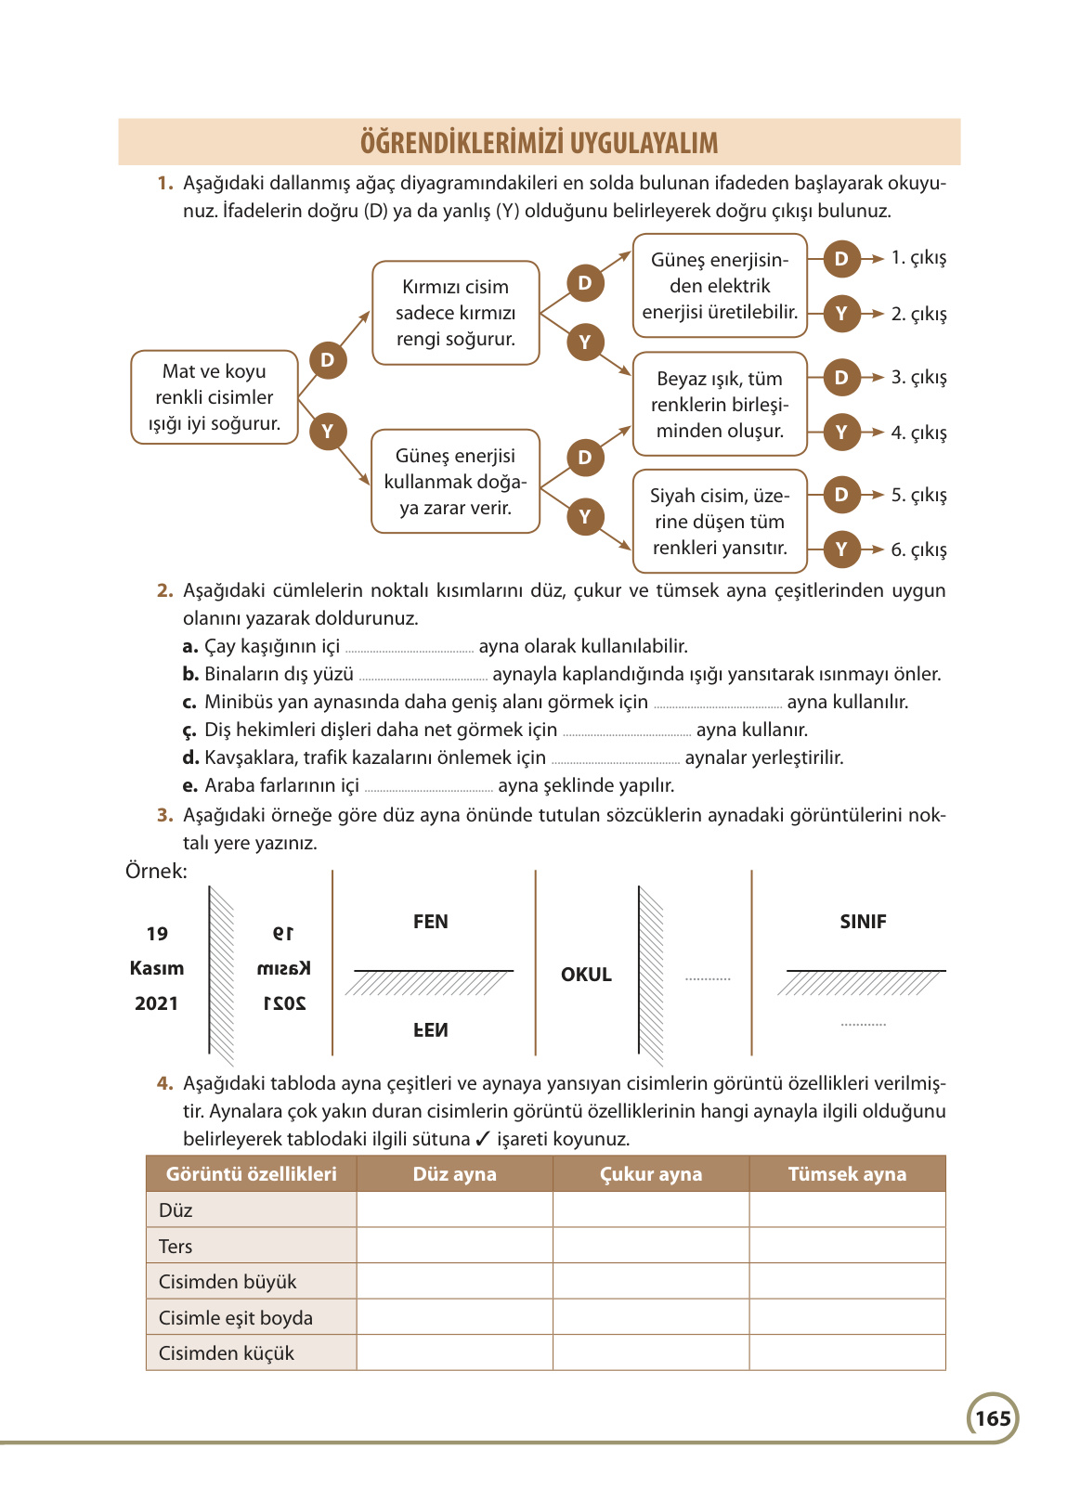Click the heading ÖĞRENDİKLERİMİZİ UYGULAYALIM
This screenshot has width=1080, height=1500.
coord(539,143)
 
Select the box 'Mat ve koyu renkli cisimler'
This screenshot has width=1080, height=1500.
coord(215,397)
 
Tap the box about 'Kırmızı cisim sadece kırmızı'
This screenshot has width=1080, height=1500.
coord(455,313)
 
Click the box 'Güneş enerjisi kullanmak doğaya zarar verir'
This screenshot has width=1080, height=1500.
coord(455,482)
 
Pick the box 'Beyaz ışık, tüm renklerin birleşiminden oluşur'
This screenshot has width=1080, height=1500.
coord(720,405)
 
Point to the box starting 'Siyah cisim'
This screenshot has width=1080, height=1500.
coord(720,522)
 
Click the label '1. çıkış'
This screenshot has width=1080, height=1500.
coord(918,258)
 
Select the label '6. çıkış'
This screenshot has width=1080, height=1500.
coord(918,550)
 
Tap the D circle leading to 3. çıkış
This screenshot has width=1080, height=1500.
coord(841,377)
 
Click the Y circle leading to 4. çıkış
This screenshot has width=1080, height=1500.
coord(841,433)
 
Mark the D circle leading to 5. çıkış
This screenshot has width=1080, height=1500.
coord(841,495)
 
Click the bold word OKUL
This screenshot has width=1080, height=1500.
coord(586,975)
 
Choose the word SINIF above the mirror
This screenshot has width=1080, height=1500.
coord(863,922)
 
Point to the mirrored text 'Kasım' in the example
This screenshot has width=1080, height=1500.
coord(284,969)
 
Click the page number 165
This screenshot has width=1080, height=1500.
coord(993,1418)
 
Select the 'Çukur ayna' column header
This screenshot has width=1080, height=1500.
coord(651,1174)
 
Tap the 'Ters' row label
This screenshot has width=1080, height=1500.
coord(176,1247)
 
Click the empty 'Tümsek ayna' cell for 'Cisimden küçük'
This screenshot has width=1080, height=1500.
coord(847,1353)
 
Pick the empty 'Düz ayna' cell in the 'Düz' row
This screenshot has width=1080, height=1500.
coord(455,1210)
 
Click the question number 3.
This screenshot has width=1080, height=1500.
coord(165,816)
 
